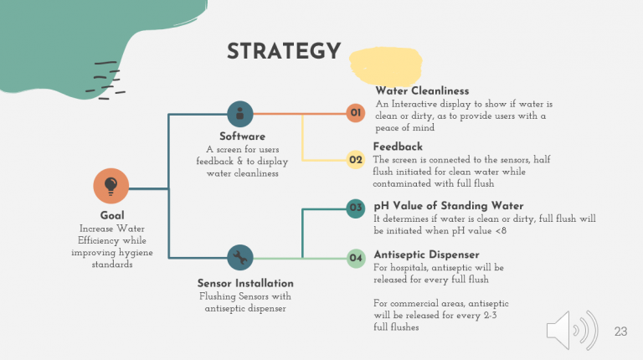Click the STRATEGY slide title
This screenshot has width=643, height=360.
click(284, 51)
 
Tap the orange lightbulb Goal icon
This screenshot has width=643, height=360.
click(111, 186)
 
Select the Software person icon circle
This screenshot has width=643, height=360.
click(240, 114)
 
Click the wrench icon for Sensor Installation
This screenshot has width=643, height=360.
click(240, 258)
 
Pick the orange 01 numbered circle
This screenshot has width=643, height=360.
click(356, 113)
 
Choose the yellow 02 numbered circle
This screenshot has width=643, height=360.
click(356, 160)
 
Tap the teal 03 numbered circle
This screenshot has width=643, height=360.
click(356, 208)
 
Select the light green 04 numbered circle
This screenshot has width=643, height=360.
click(356, 259)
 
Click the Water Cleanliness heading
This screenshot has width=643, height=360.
click(422, 91)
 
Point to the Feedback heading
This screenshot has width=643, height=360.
click(398, 147)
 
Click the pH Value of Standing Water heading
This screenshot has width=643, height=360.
click(448, 206)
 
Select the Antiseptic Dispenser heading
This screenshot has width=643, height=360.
click(426, 255)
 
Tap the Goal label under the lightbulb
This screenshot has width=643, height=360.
click(112, 216)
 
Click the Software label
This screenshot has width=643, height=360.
click(242, 136)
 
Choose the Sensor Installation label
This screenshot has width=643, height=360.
click(245, 283)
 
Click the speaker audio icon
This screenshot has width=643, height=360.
click(572, 331)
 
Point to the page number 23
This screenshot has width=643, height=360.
click(620, 332)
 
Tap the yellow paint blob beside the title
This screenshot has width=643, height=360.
click(385, 65)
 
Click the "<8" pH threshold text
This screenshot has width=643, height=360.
click(501, 231)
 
